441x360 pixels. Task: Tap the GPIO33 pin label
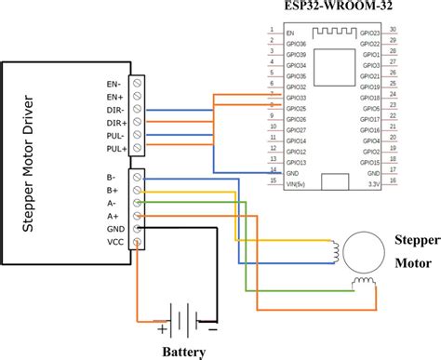[x=297, y=98]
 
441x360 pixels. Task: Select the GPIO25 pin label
[x=297, y=108]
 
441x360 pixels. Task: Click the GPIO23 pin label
[x=368, y=33]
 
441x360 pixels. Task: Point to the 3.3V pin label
[x=372, y=183]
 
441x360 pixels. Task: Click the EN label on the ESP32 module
[x=290, y=33]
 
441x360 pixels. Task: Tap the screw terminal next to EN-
[x=138, y=83]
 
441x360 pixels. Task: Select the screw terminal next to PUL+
[x=138, y=148]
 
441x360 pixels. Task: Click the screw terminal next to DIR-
[x=138, y=109]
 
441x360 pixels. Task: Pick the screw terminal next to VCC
[x=138, y=241]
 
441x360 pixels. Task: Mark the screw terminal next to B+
[x=138, y=189]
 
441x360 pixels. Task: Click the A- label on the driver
[x=113, y=202]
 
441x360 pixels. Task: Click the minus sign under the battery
[x=212, y=328]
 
